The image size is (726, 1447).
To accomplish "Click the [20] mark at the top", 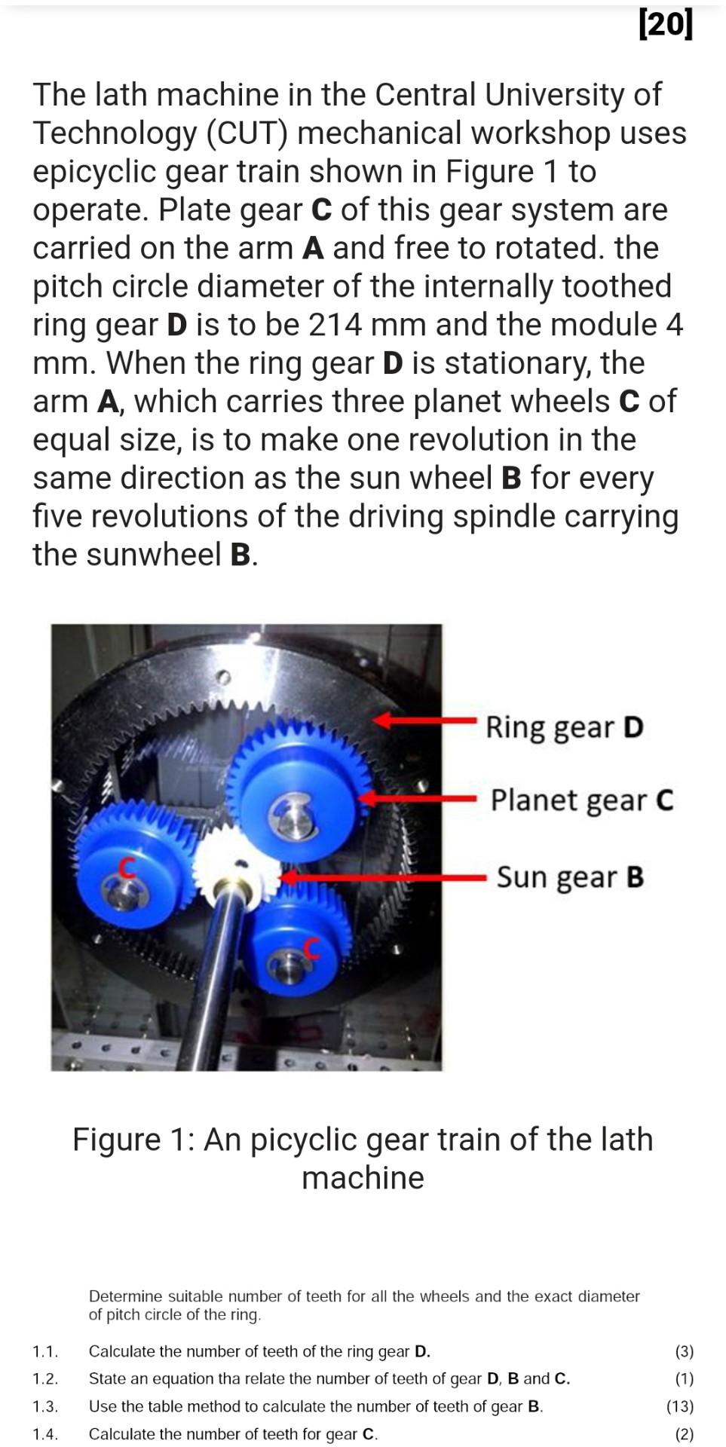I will pyautogui.click(x=664, y=25).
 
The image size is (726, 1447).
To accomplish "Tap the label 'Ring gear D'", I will pyautogui.click(x=564, y=727).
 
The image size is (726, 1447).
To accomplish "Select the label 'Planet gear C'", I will pyautogui.click(x=581, y=800).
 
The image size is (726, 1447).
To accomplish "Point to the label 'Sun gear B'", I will pyautogui.click(x=570, y=877).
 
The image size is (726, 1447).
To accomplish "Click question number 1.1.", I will pyautogui.click(x=45, y=1351).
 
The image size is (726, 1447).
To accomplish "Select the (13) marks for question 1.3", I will pyautogui.click(x=679, y=1406).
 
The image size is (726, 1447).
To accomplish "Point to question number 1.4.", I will pyautogui.click(x=45, y=1433).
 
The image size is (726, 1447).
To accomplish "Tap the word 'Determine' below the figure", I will pyautogui.click(x=125, y=1296).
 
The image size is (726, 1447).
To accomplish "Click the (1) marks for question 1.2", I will pyautogui.click(x=684, y=1378).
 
